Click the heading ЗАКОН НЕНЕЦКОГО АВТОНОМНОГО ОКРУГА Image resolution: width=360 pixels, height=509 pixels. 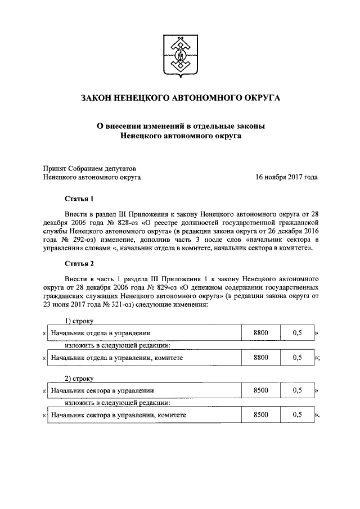tap(180, 98)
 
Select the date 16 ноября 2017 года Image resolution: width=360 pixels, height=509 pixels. tap(286, 177)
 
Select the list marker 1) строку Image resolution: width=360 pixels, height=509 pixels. tap(78, 321)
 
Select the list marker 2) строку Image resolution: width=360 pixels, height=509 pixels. tap(78, 378)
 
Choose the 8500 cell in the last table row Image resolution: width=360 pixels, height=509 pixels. tap(261, 415)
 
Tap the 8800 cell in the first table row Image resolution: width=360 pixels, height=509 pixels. tap(261, 333)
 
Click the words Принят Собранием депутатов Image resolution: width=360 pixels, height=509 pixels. tap(89, 168)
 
